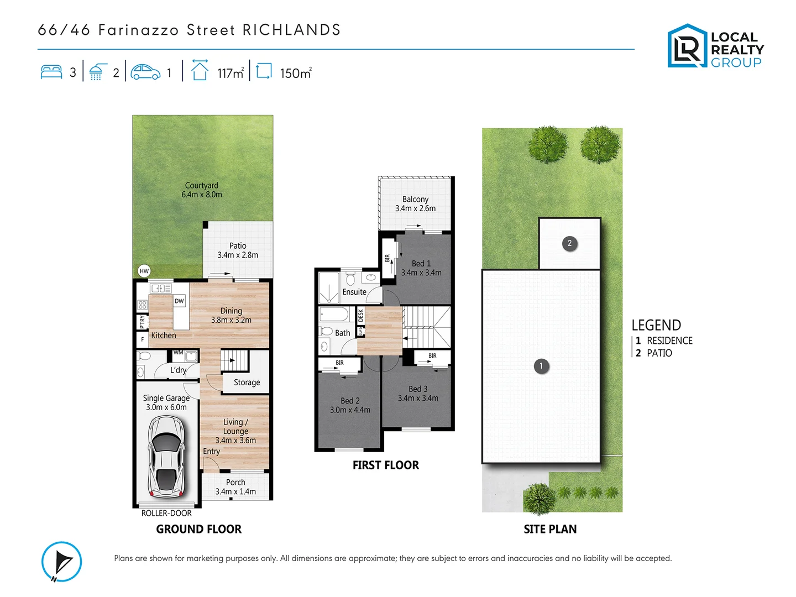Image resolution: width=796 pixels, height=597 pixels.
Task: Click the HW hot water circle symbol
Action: pyautogui.click(x=144, y=271)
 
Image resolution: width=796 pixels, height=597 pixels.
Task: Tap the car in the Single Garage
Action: pyautogui.click(x=166, y=457)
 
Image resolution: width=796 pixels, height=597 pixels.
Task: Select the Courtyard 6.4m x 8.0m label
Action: pyautogui.click(x=202, y=190)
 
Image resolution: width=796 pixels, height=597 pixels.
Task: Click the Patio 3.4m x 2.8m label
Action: pyautogui.click(x=238, y=250)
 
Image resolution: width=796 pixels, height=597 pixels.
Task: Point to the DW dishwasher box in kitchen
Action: pyautogui.click(x=179, y=301)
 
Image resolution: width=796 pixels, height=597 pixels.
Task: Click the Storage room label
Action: pyautogui.click(x=247, y=383)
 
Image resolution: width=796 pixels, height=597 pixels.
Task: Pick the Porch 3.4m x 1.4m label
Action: pyautogui.click(x=235, y=487)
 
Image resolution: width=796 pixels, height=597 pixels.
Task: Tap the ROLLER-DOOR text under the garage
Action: pyautogui.click(x=166, y=513)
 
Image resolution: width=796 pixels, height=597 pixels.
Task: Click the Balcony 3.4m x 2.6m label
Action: pyautogui.click(x=415, y=204)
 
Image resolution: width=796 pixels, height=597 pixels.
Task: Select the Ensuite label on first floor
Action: pyautogui.click(x=354, y=292)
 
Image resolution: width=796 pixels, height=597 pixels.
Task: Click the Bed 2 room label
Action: pyautogui.click(x=350, y=405)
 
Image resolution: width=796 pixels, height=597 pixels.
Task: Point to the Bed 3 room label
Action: pyautogui.click(x=418, y=394)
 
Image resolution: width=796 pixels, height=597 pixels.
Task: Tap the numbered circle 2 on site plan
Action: pyautogui.click(x=570, y=243)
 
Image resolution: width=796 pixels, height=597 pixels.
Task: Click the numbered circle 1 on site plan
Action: pyautogui.click(x=541, y=365)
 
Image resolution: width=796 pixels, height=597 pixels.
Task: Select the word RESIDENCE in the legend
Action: pyautogui.click(x=669, y=341)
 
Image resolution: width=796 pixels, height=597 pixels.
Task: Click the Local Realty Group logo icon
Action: pyautogui.click(x=687, y=46)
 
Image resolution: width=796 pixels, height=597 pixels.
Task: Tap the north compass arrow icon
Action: pyautogui.click(x=62, y=562)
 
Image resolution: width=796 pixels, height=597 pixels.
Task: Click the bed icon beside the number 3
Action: pyautogui.click(x=51, y=72)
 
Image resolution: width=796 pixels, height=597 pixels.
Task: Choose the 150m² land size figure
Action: pyautogui.click(x=295, y=73)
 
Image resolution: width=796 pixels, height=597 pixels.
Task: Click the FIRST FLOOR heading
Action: pyautogui.click(x=386, y=465)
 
